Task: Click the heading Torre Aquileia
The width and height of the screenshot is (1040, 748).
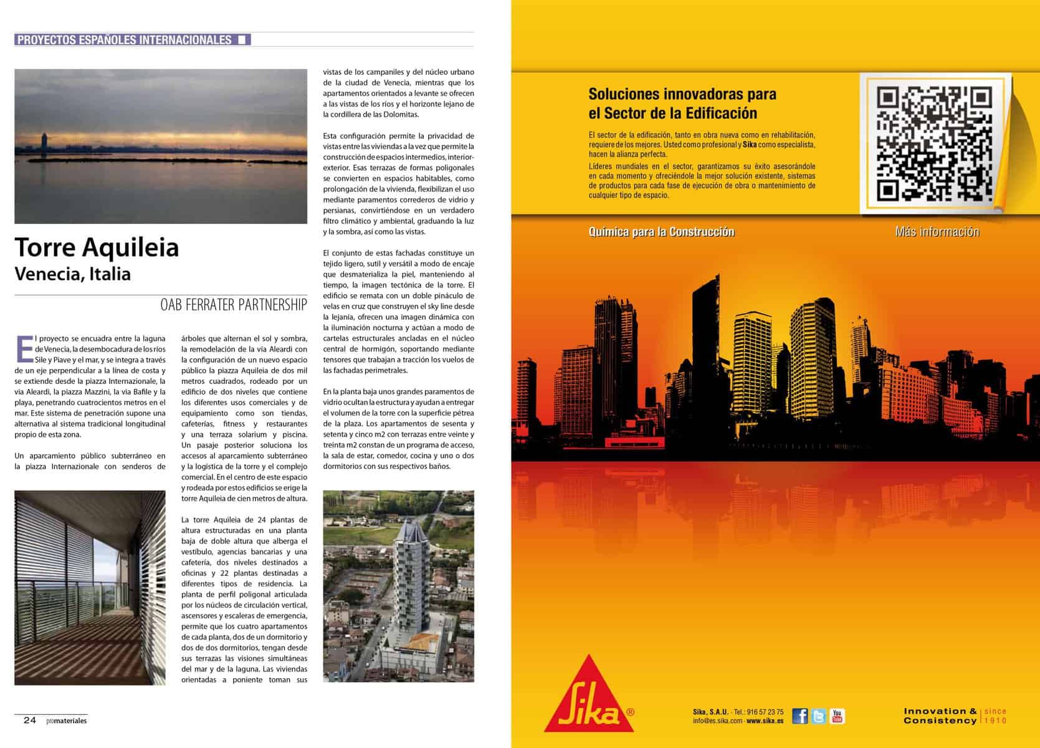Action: click(x=97, y=247)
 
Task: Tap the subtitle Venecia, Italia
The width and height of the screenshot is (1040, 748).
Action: click(x=72, y=274)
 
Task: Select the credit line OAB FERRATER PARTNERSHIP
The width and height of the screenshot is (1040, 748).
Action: click(x=234, y=305)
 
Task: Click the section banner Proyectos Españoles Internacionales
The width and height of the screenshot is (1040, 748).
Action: click(x=125, y=40)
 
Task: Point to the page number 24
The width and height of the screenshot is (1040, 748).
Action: click(x=30, y=721)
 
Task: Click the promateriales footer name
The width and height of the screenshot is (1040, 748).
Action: click(x=66, y=721)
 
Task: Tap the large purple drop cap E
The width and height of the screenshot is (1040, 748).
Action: click(x=24, y=348)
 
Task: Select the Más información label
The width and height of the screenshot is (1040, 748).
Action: click(x=937, y=232)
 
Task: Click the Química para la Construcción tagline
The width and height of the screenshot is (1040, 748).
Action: click(x=661, y=232)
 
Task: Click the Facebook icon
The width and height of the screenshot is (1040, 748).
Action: click(x=800, y=716)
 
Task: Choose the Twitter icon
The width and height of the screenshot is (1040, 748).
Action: click(x=819, y=716)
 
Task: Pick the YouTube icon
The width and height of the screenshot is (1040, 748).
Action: click(x=837, y=716)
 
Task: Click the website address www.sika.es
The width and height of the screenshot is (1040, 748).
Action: click(x=765, y=721)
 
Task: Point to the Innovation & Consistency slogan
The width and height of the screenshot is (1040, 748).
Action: click(x=940, y=716)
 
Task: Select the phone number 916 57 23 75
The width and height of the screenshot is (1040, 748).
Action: click(x=765, y=712)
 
